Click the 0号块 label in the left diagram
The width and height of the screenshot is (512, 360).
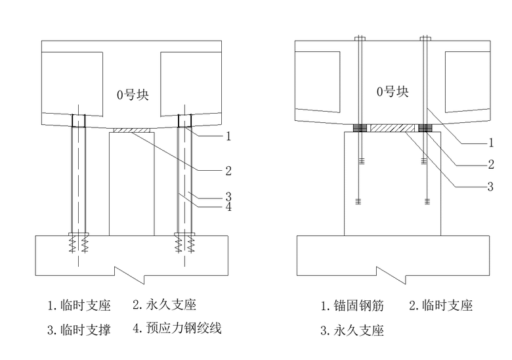point(133,95)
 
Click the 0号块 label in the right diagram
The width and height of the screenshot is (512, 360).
point(393,92)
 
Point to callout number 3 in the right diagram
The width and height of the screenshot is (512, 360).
point(490,187)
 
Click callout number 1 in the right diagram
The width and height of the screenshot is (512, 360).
point(490,143)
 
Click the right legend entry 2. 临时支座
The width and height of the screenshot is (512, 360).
point(441,305)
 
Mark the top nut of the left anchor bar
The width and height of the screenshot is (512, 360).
point(360,37)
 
